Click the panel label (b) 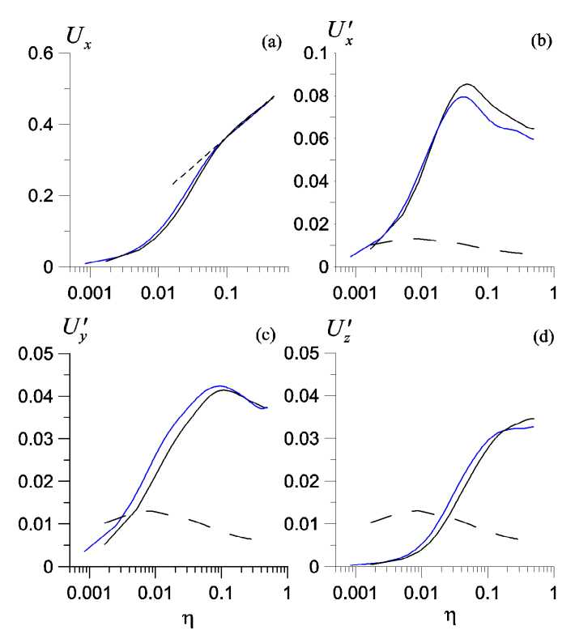coord(540,41)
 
